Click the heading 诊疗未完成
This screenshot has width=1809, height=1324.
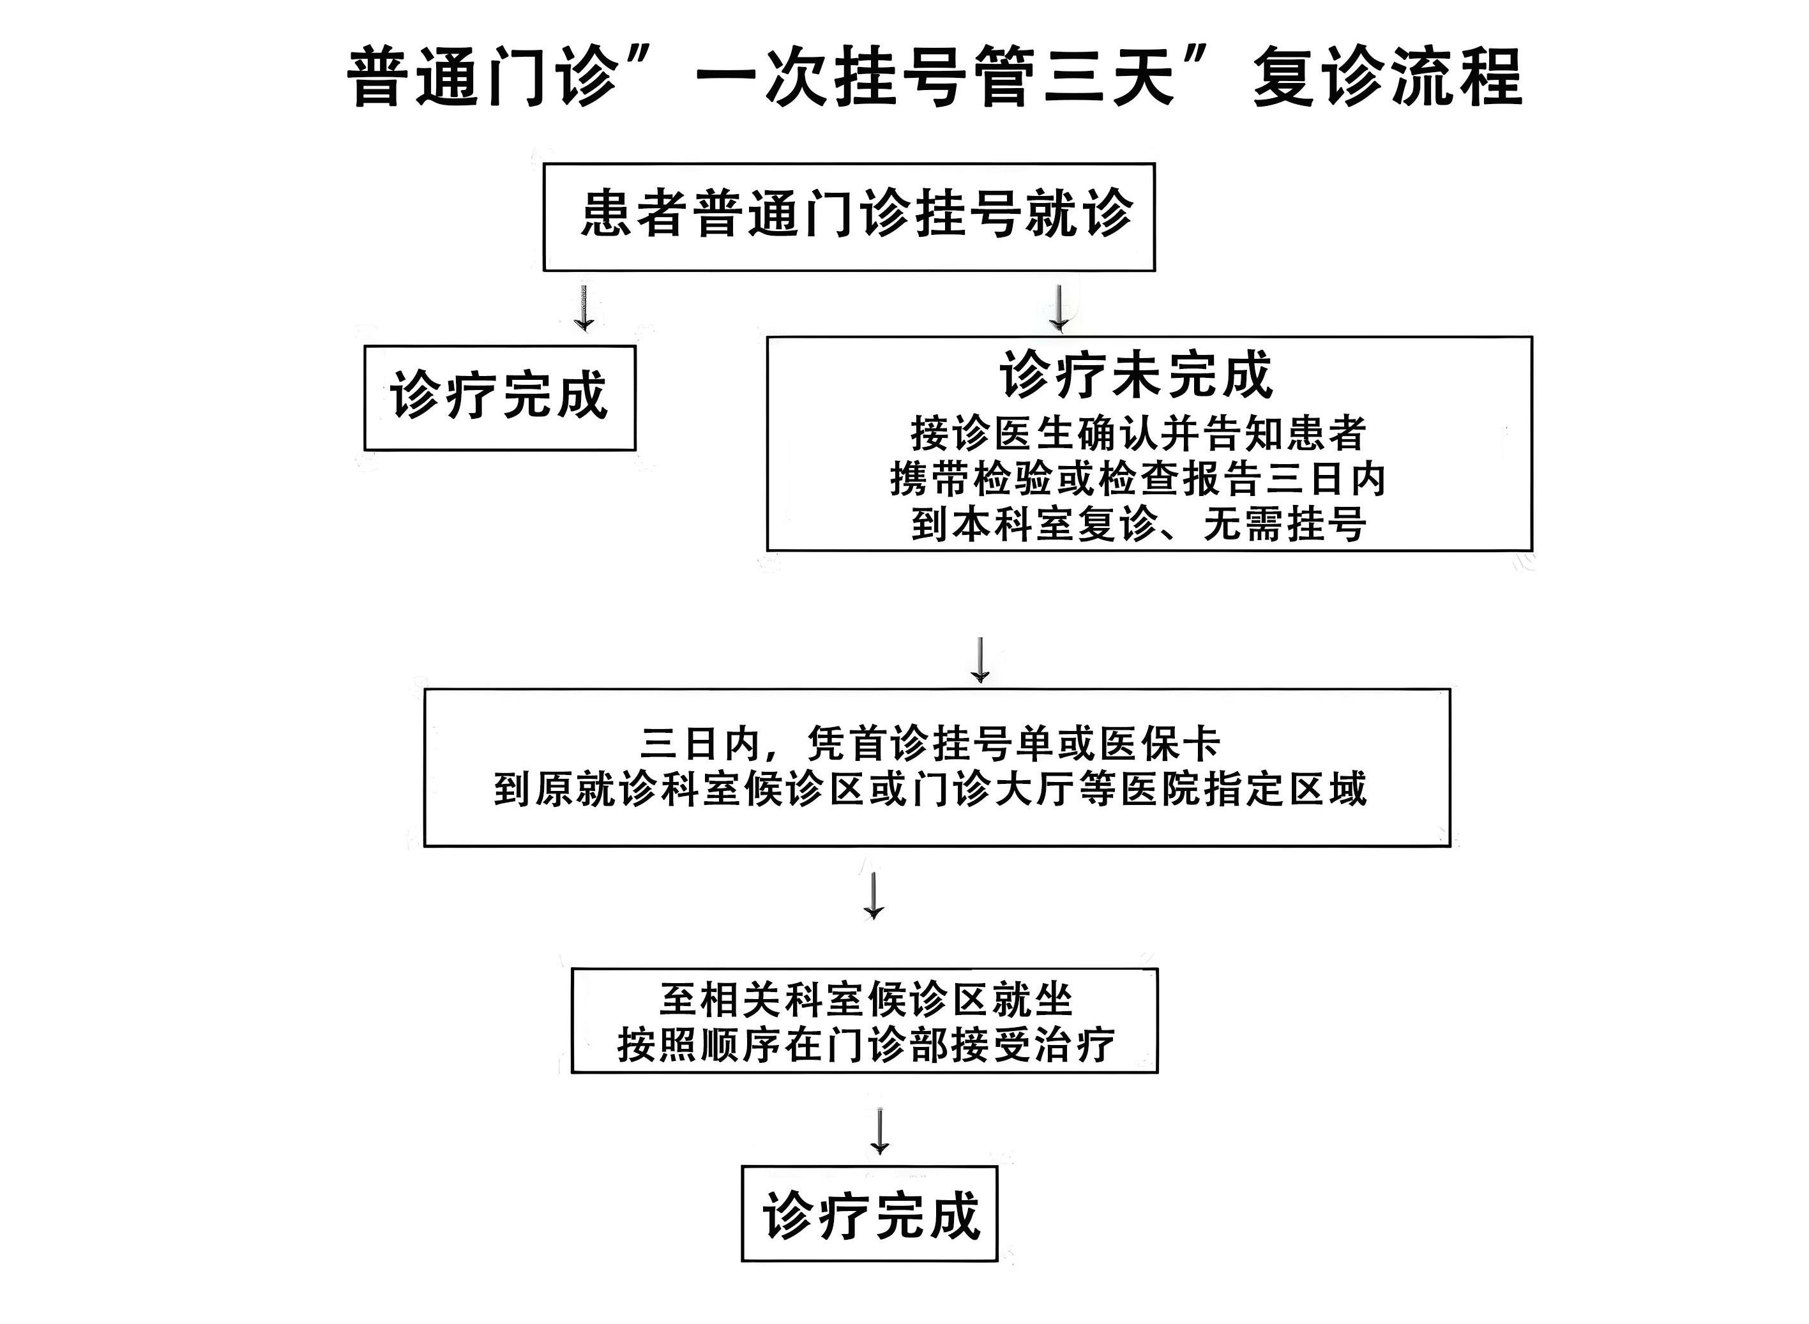(x=1136, y=375)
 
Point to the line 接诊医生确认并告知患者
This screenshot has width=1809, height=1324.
(x=1138, y=433)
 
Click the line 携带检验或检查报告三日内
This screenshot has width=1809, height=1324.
(x=1138, y=479)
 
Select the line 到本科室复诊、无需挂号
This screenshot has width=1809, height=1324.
(x=1138, y=525)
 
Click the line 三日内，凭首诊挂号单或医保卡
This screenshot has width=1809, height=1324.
(x=930, y=744)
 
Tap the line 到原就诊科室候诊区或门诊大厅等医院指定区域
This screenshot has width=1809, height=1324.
(x=930, y=790)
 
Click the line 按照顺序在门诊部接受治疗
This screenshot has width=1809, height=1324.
(x=866, y=1045)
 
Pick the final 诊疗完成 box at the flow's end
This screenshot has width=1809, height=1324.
(x=870, y=1215)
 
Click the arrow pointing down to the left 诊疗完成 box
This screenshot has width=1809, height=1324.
(x=584, y=308)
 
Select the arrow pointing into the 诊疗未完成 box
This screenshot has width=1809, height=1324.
(x=1059, y=308)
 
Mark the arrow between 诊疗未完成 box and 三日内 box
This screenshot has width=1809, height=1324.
(x=980, y=660)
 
